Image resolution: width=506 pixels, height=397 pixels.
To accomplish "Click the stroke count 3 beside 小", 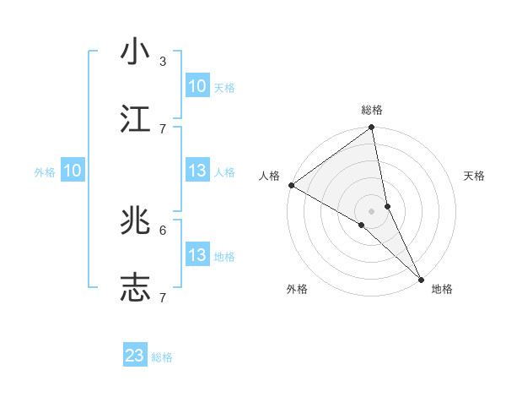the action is tap(163, 61).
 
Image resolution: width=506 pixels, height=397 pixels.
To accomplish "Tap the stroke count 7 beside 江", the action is tap(163, 128).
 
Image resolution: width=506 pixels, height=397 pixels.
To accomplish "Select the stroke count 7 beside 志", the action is tap(163, 297).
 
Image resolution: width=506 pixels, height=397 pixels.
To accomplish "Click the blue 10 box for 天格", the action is tap(197, 86).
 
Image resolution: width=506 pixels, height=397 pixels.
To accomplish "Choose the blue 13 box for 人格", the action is tap(197, 171).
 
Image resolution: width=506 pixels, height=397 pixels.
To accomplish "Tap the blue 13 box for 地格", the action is tap(197, 255).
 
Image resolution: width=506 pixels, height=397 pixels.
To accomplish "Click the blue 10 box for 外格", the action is tap(73, 171).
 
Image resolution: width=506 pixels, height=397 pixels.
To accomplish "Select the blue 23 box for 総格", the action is tap(135, 356).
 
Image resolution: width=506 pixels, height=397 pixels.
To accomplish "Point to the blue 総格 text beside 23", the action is tap(163, 357).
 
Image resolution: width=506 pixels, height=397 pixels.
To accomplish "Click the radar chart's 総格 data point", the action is tap(372, 128).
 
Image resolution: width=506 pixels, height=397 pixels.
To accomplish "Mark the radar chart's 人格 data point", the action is tap(291, 185).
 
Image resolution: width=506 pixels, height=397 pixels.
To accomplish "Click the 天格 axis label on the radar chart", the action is tap(475, 176).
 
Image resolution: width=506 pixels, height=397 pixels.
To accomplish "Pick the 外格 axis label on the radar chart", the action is tap(297, 289).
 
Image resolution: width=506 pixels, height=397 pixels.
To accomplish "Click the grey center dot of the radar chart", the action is tap(372, 210).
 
